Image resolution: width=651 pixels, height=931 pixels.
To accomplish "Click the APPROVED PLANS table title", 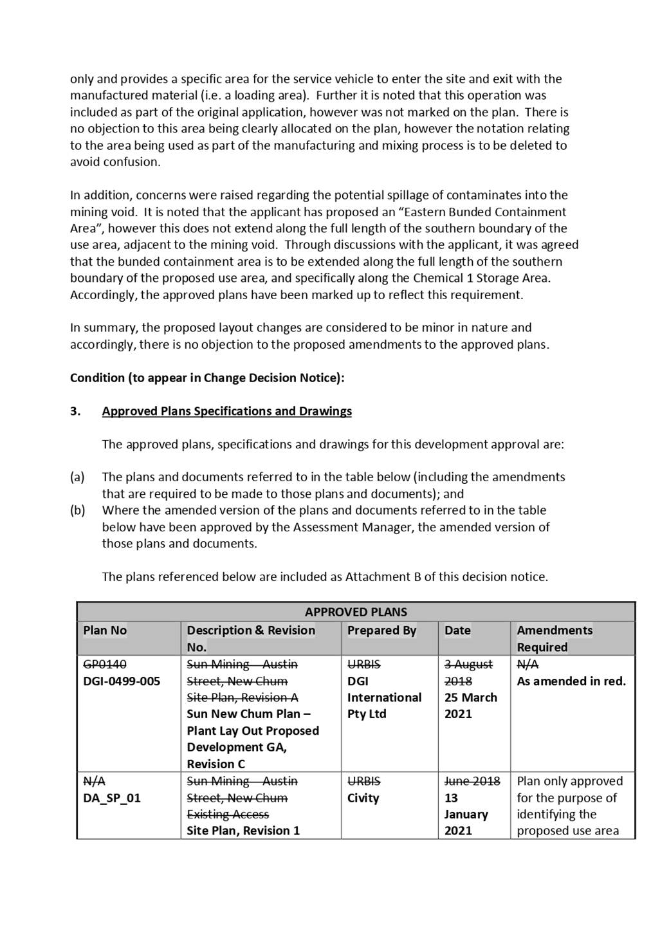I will (356, 612).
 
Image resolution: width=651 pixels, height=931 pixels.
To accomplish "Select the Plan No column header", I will (105, 631).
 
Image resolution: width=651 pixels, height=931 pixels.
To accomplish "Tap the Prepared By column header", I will (381, 631).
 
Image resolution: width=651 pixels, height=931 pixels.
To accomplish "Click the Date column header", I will (457, 631).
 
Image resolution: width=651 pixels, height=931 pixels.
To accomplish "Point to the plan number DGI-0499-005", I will (122, 681).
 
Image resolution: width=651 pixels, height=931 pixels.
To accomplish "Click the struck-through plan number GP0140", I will (105, 665).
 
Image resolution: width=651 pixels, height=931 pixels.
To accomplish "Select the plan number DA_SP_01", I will (112, 798).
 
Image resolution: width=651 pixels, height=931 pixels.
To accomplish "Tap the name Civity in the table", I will (363, 798).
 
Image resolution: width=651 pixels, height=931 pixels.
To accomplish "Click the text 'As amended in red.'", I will (571, 681).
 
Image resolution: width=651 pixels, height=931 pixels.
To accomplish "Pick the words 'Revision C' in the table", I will (216, 764).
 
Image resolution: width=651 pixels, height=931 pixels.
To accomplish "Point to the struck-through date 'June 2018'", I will (472, 781).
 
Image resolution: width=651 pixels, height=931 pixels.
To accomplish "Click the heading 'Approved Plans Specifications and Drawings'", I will (226, 411).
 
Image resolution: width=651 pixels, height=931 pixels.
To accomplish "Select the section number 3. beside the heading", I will (75, 411).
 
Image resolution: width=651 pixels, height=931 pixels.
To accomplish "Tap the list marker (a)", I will (77, 477).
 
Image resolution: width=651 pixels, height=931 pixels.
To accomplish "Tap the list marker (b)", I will (77, 510).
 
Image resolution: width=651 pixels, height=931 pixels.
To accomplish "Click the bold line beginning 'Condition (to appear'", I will (207, 378).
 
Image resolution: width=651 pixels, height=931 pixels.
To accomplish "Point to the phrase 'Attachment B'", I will (378, 576).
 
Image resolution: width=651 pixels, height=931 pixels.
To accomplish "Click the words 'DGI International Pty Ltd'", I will (384, 697).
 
